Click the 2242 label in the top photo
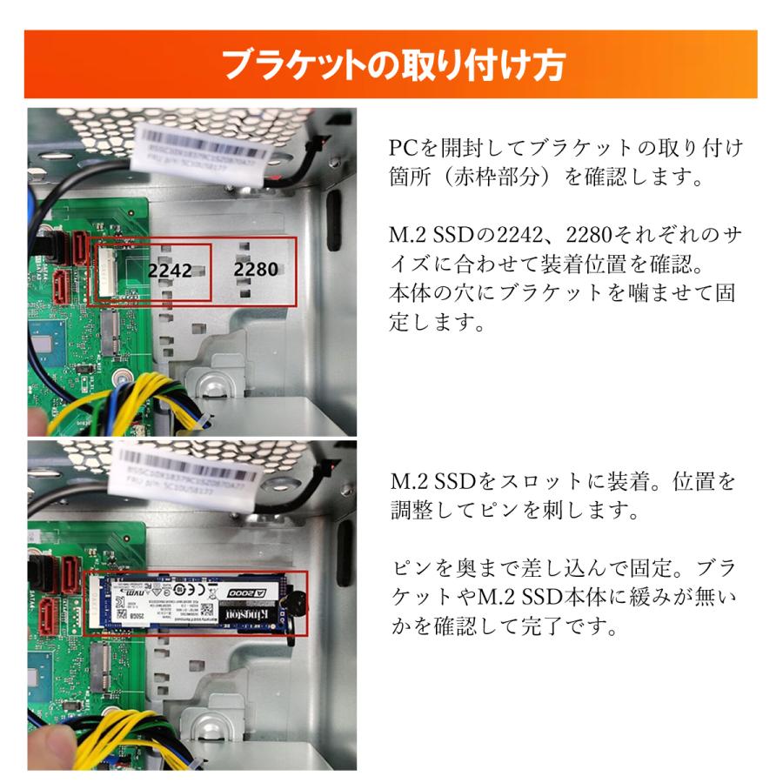click(170, 271)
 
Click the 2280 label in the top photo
click(256, 270)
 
